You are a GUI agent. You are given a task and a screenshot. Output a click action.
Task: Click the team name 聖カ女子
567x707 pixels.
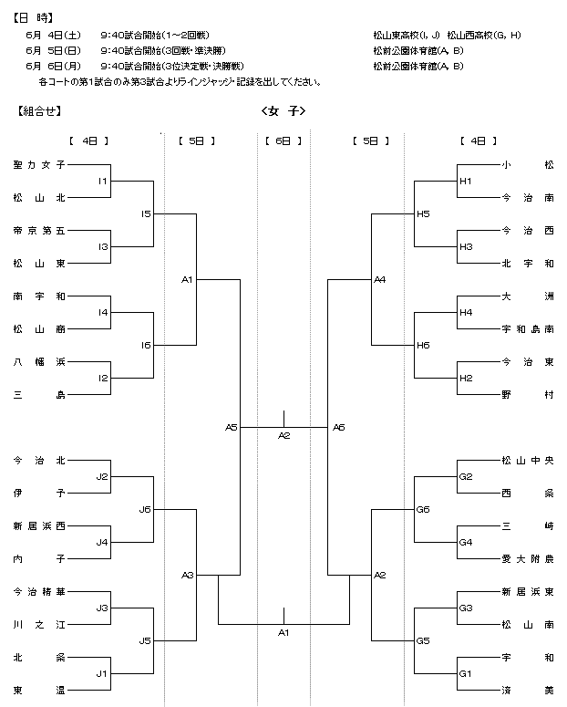click(x=39, y=165)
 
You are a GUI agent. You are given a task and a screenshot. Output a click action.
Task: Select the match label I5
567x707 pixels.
click(x=146, y=213)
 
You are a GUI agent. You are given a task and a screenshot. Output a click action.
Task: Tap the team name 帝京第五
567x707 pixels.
click(x=39, y=231)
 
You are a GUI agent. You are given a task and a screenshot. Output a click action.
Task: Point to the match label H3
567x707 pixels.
click(x=466, y=246)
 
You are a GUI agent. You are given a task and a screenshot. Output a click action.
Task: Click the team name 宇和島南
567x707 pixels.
click(x=528, y=329)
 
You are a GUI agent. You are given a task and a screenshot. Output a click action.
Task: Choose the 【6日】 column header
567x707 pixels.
click(x=283, y=141)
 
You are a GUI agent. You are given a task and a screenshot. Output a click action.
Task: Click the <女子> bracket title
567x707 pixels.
click(x=283, y=111)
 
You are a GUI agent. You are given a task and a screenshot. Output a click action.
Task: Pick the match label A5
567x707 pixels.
click(x=232, y=427)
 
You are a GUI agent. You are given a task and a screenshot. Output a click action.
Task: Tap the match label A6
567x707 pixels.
click(x=339, y=427)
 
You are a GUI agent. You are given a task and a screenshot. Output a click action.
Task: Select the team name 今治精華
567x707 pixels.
click(x=39, y=591)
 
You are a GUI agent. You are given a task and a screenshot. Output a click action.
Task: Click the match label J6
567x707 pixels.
click(x=145, y=510)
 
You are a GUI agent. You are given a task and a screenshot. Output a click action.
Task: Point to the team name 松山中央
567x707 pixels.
click(x=528, y=461)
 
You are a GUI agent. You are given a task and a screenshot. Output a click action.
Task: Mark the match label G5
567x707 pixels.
click(x=423, y=640)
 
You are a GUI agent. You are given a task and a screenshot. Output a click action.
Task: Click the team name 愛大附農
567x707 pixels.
click(x=528, y=559)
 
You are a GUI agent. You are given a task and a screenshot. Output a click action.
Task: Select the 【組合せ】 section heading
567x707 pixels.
click(x=39, y=111)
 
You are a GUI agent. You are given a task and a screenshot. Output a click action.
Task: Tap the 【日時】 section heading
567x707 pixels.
click(x=34, y=18)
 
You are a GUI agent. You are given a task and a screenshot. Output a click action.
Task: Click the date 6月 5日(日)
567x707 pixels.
click(x=53, y=50)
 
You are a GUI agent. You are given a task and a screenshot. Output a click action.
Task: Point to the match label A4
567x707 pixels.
click(x=380, y=279)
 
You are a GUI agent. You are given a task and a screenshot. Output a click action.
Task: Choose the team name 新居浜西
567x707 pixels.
click(x=39, y=526)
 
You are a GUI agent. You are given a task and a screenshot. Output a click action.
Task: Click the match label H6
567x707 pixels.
click(x=423, y=346)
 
